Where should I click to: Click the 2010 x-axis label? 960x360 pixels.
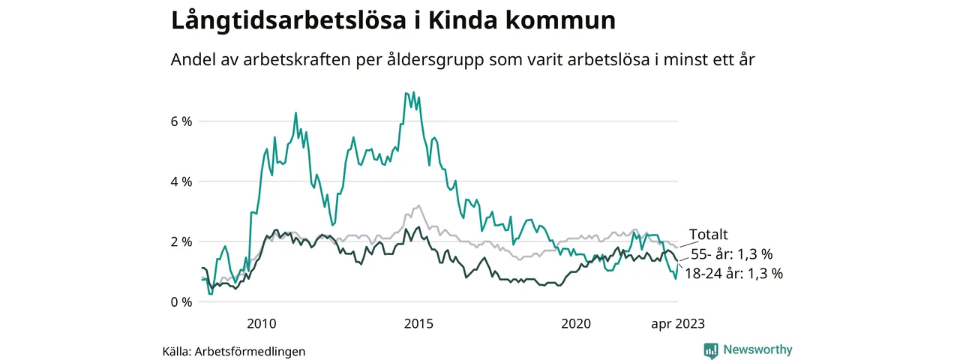pyautogui.click(x=261, y=324)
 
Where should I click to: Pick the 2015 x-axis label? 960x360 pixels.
pyautogui.click(x=418, y=324)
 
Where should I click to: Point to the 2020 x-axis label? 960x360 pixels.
pyautogui.click(x=576, y=324)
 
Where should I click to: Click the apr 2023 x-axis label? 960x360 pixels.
pyautogui.click(x=677, y=324)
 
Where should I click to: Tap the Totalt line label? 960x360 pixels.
pyautogui.click(x=709, y=235)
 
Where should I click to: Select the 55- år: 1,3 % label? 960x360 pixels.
pyautogui.click(x=731, y=254)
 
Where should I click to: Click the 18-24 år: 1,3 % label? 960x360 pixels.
pyautogui.click(x=733, y=274)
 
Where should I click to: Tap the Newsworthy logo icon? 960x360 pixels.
pyautogui.click(x=711, y=349)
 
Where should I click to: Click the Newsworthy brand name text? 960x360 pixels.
pyautogui.click(x=757, y=349)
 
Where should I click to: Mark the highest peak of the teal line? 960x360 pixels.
pyautogui.click(x=406, y=93)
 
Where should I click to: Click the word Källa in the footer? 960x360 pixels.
pyautogui.click(x=177, y=351)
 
